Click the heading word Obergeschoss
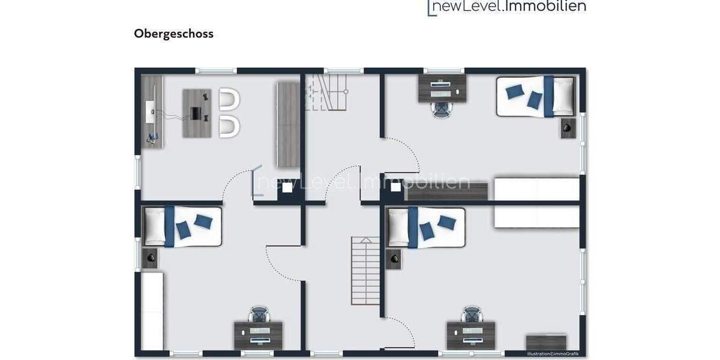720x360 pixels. (173, 34)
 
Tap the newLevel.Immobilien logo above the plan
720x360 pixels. (506, 7)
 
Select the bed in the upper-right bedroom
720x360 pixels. (535, 96)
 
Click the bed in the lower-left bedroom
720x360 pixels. (182, 226)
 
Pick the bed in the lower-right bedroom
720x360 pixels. (426, 227)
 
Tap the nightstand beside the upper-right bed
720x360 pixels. (568, 128)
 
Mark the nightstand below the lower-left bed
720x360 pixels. (151, 258)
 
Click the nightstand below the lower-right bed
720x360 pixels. (395, 259)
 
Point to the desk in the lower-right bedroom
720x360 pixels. (471, 335)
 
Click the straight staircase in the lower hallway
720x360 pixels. (365, 271)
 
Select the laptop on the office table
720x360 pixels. (196, 112)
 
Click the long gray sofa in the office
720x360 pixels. (288, 125)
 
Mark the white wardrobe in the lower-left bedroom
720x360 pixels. (151, 311)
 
